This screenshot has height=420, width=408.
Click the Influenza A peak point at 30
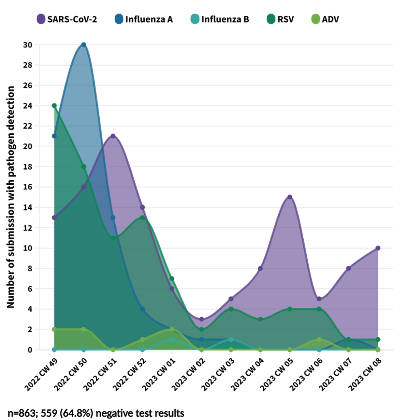84,45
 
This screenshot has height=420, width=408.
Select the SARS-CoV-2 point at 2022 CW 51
113,136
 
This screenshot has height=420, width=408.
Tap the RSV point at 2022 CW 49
54,105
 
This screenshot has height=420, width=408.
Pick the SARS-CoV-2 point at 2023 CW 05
290,197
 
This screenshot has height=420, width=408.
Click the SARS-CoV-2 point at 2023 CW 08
378,248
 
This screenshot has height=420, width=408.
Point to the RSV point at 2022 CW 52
142,218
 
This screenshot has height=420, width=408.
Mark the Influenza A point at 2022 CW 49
54,136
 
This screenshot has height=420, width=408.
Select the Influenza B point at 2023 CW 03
231,339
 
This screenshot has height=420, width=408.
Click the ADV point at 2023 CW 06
319,339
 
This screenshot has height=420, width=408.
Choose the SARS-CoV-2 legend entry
67,19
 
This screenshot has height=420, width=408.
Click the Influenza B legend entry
220,19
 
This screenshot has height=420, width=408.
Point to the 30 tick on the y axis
28,45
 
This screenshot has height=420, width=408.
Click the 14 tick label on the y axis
28,207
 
